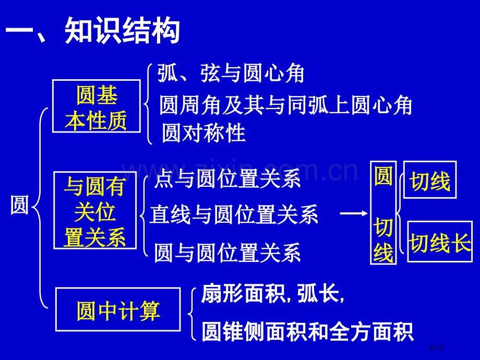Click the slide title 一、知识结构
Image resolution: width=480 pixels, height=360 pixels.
pyautogui.click(x=92, y=31)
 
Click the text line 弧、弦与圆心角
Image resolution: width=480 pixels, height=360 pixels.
pyautogui.click(x=231, y=74)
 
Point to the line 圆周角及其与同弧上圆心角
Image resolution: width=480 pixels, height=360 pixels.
pyautogui.click(x=286, y=105)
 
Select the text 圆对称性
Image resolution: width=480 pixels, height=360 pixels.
pyautogui.click(x=203, y=133)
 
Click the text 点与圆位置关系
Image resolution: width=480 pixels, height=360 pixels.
pyautogui.click(x=227, y=179)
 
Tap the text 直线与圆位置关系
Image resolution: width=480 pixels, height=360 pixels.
pyautogui.click(x=234, y=214)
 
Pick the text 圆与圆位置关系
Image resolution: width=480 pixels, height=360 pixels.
pyautogui.click(x=227, y=253)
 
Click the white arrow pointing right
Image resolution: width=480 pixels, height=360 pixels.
pyautogui.click(x=354, y=213)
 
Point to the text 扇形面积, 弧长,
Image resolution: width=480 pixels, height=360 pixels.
pyautogui.click(x=273, y=293)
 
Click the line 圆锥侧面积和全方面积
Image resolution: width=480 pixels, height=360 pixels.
pyautogui.click(x=307, y=331)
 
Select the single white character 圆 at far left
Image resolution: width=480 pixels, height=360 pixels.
pyautogui.click(x=20, y=205)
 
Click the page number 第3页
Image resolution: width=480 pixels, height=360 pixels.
pyautogui.click(x=436, y=347)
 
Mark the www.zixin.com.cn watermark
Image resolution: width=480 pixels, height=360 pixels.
pyautogui.click(x=239, y=170)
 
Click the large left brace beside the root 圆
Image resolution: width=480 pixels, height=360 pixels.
pyautogui.click(x=40, y=208)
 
